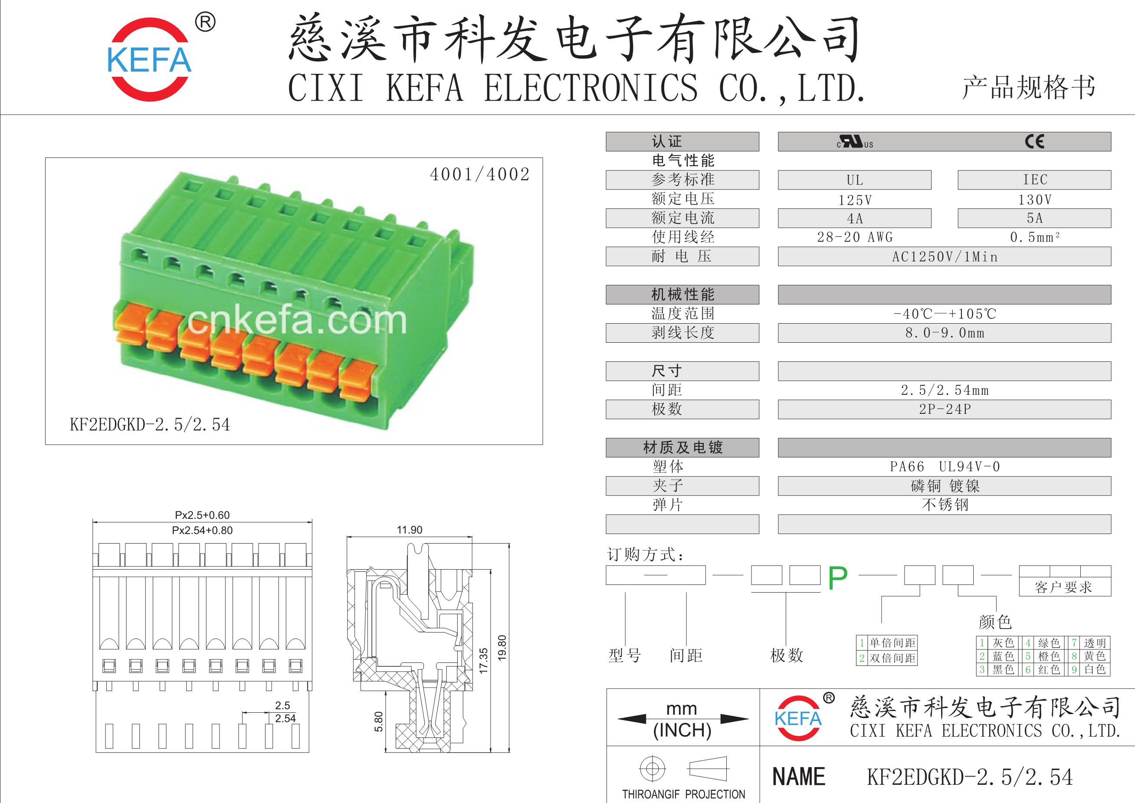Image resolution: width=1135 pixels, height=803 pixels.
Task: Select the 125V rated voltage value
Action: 855,200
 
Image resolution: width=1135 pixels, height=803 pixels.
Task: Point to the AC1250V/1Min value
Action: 945,257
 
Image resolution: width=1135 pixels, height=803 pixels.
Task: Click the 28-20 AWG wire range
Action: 855,237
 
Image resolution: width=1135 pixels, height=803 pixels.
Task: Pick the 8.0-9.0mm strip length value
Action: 945,333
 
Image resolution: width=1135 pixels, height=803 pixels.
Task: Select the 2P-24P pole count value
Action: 945,410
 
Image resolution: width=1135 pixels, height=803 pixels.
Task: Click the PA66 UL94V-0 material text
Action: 945,467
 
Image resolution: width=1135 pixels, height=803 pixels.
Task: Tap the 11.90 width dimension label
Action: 410,530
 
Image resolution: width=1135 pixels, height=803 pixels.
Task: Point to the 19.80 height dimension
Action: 502,648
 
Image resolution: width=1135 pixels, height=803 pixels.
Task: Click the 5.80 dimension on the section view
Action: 378,721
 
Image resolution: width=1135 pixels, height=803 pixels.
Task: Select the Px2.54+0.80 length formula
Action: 202,531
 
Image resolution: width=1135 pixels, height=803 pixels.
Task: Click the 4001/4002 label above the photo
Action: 479,174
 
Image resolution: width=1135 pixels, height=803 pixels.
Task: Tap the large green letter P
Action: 837,578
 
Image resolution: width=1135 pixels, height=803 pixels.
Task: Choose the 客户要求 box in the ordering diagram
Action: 1063,587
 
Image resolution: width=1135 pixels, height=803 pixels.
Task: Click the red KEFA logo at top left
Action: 149,60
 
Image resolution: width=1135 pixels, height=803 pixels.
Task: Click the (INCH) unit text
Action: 682,730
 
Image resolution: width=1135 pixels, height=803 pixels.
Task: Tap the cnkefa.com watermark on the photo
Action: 297,321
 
